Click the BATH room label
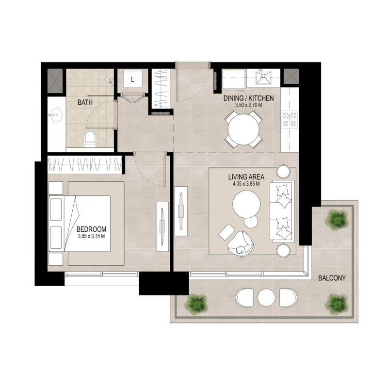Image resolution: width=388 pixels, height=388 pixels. click(x=86, y=103)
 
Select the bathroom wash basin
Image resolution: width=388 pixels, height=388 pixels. click(x=55, y=116)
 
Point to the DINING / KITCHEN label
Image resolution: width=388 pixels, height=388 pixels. click(x=249, y=98)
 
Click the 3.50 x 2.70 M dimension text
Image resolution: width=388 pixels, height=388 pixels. click(x=249, y=105)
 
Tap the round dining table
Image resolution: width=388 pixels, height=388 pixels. click(x=244, y=129)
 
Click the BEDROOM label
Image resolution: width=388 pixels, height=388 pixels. click(x=91, y=230)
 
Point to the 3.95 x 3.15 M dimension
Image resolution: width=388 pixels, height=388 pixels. click(x=91, y=237)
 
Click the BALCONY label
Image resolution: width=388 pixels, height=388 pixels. click(x=332, y=278)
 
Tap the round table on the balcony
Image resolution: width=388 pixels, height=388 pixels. click(x=266, y=297)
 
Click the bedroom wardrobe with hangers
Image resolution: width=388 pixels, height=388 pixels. click(x=84, y=163)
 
